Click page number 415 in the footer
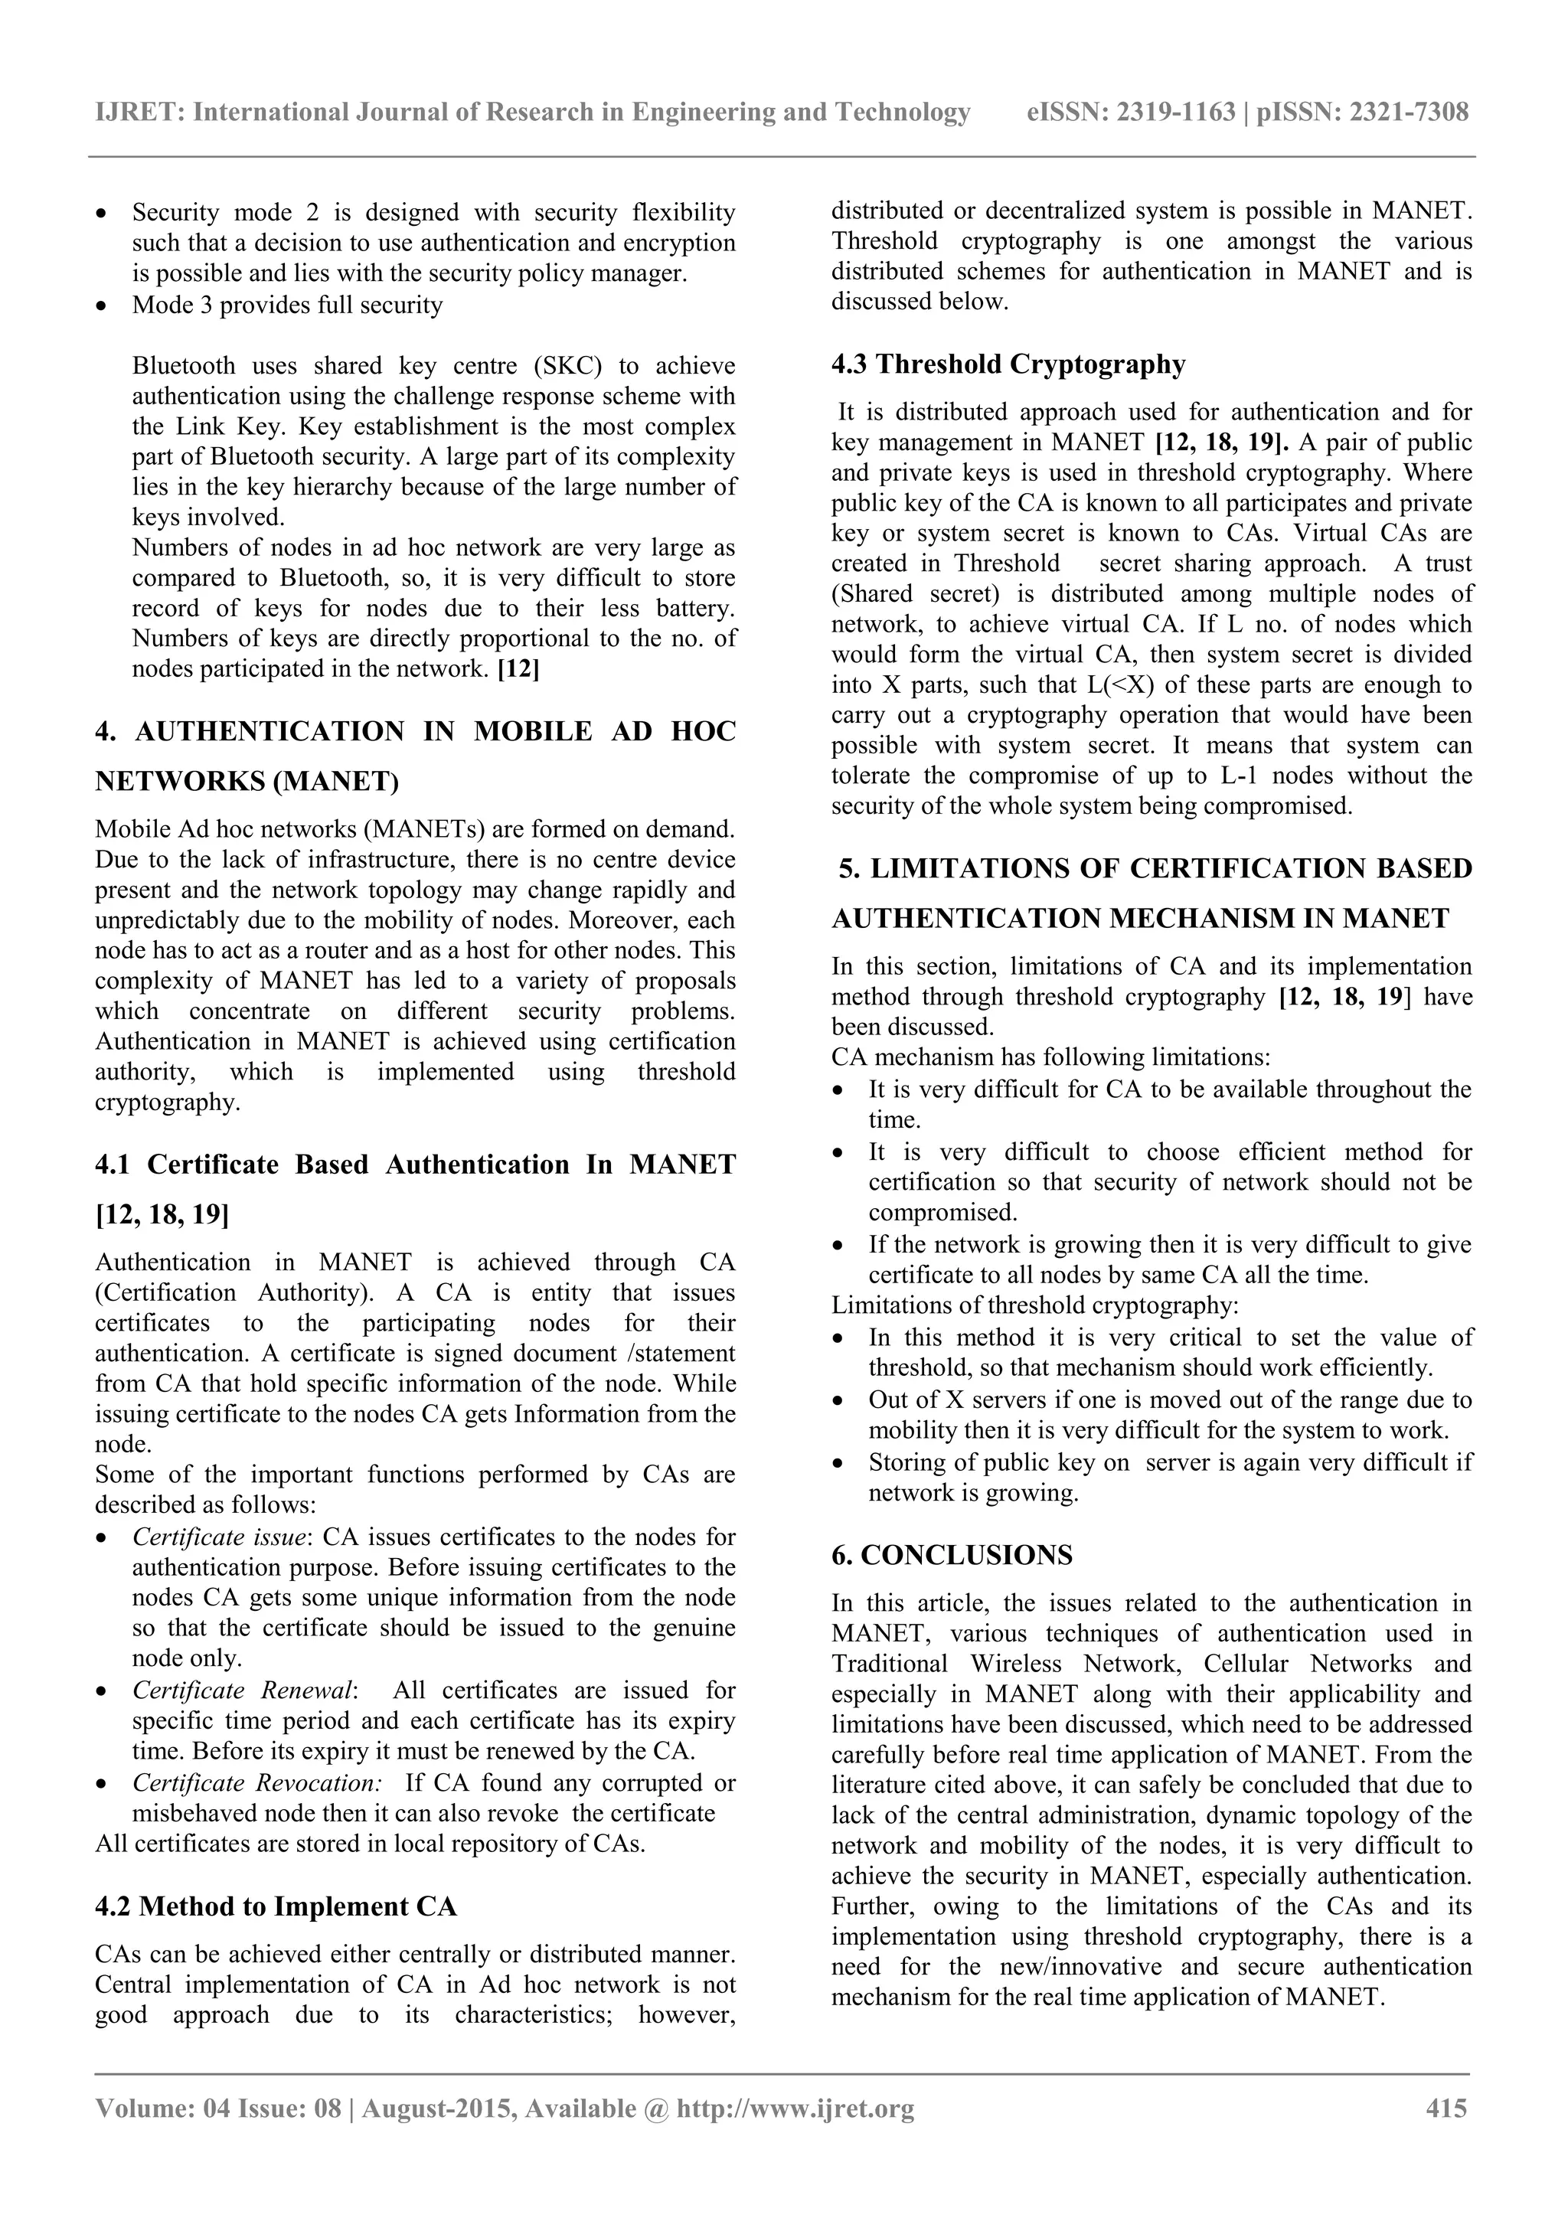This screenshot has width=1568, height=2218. [1446, 2109]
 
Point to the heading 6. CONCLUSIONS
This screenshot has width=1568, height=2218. [952, 1555]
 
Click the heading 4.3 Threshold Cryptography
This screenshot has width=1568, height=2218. [1008, 364]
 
